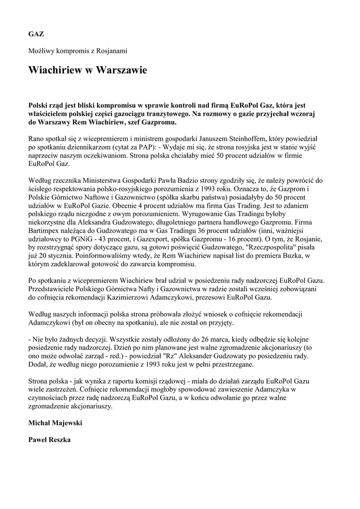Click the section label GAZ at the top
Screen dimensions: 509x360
36,34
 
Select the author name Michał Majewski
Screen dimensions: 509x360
55,423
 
